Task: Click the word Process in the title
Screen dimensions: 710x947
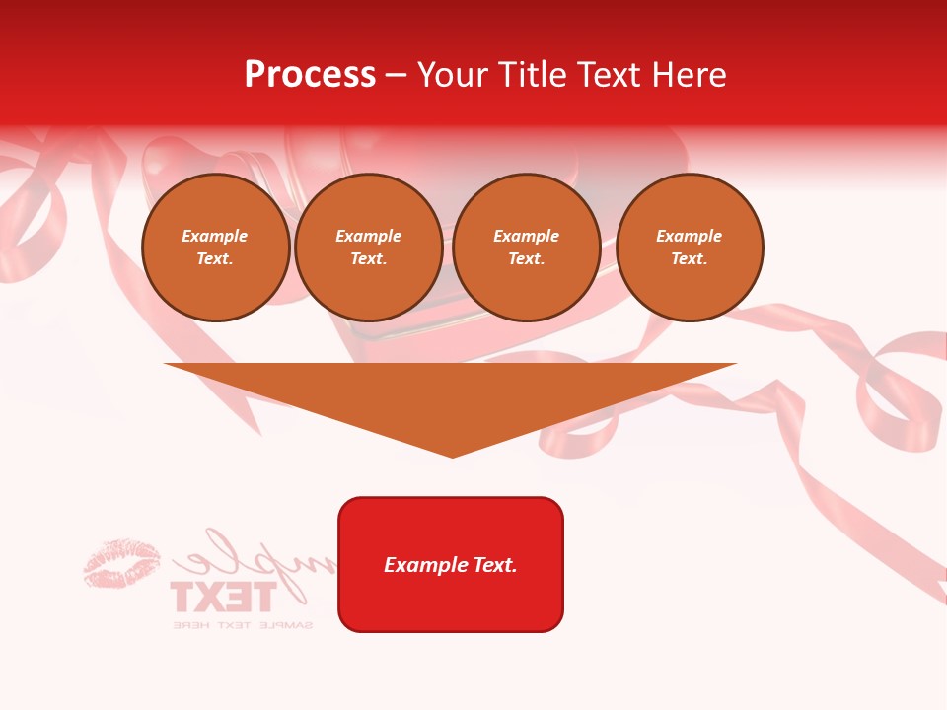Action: click(x=310, y=75)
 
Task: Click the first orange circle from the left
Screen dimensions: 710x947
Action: click(x=216, y=248)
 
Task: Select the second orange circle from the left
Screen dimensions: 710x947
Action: click(x=369, y=248)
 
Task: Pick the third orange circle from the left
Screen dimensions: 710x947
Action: click(x=527, y=248)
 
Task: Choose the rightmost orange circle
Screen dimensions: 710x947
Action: click(x=690, y=248)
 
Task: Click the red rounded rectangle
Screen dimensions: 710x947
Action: click(x=451, y=564)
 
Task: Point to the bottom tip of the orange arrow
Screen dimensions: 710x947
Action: click(x=452, y=456)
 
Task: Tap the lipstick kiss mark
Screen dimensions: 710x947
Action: click(x=121, y=564)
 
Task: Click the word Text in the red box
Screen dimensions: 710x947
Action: click(x=496, y=565)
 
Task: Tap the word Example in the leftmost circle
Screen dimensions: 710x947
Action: click(x=215, y=237)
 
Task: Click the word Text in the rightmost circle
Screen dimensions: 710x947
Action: click(x=689, y=259)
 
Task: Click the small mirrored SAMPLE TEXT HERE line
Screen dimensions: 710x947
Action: click(x=243, y=625)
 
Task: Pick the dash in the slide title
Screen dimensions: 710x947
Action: click(x=397, y=75)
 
